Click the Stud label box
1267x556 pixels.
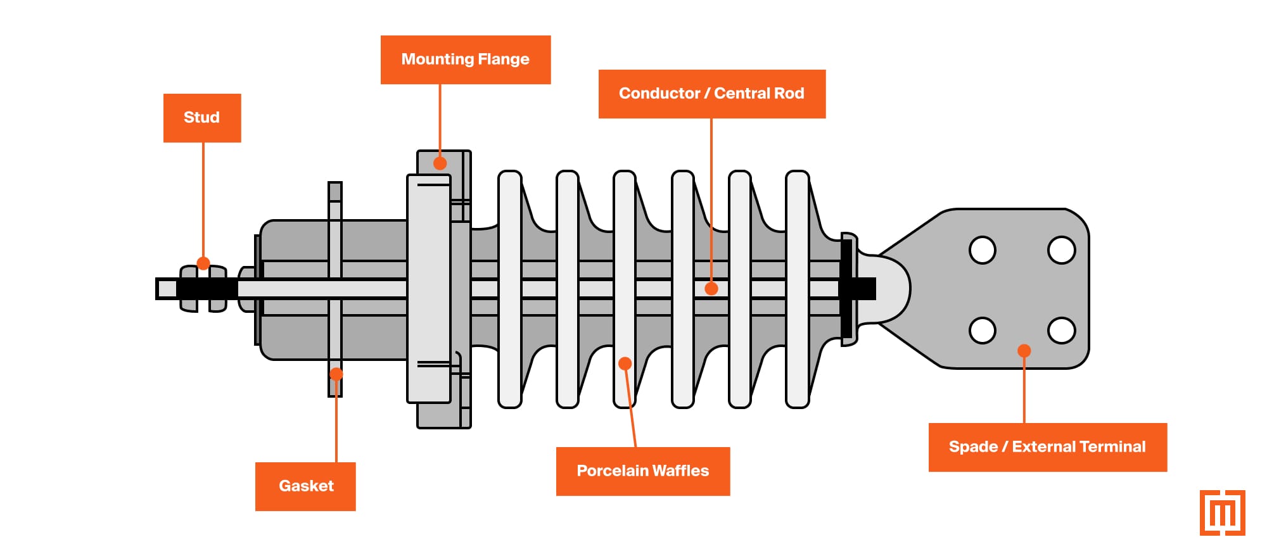tap(201, 118)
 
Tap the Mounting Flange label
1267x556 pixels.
tap(465, 60)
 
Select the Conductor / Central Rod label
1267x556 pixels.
tap(711, 94)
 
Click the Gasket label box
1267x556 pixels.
tap(305, 486)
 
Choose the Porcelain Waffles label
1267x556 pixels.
tap(642, 471)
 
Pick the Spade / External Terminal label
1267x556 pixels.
tap(1047, 447)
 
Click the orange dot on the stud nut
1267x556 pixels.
tap(203, 263)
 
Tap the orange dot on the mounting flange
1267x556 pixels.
tap(440, 163)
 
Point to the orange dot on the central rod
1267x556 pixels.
tap(711, 289)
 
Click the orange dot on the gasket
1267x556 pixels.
tap(336, 374)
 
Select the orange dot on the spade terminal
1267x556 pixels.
tap(1024, 351)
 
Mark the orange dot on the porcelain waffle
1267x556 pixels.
tap(625, 363)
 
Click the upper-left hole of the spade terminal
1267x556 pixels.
tap(982, 250)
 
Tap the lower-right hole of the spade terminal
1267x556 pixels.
tap(1061, 330)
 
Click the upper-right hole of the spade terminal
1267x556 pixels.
tap(1061, 250)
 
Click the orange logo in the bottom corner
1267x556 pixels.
tap(1222, 512)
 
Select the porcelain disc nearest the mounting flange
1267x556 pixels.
tap(509, 289)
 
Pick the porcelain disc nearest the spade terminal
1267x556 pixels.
tap(797, 289)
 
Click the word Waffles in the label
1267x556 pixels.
tap(680, 471)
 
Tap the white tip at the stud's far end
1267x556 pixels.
tap(167, 289)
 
